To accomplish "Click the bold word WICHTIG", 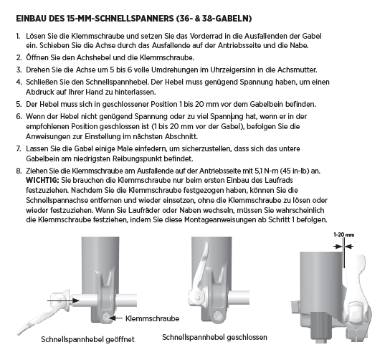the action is [42, 180].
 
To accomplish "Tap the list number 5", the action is [19, 104].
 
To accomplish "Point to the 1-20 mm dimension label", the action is [343, 235].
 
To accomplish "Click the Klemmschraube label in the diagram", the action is [152, 318].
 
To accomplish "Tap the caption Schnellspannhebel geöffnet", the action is [87, 339].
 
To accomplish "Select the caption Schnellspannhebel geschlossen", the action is [214, 337].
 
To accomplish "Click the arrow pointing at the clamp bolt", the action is [115, 318].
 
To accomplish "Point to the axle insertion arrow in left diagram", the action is [63, 300].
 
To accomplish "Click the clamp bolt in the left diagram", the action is [105, 318].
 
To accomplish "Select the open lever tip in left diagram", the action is [19, 332].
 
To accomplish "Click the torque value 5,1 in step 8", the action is [258, 171].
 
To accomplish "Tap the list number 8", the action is [19, 171].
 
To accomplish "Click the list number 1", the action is [18, 36].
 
